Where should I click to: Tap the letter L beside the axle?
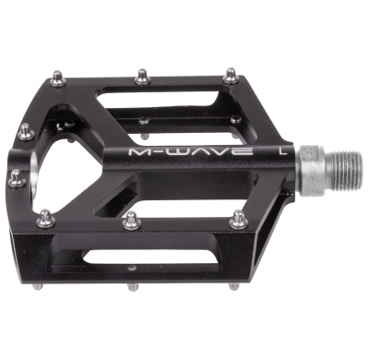coord(280,147)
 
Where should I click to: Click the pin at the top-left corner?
coord(58,79)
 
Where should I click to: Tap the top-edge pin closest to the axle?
coord(230,74)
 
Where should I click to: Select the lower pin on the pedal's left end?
coord(17,178)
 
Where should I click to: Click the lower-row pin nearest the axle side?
coord(238,218)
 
